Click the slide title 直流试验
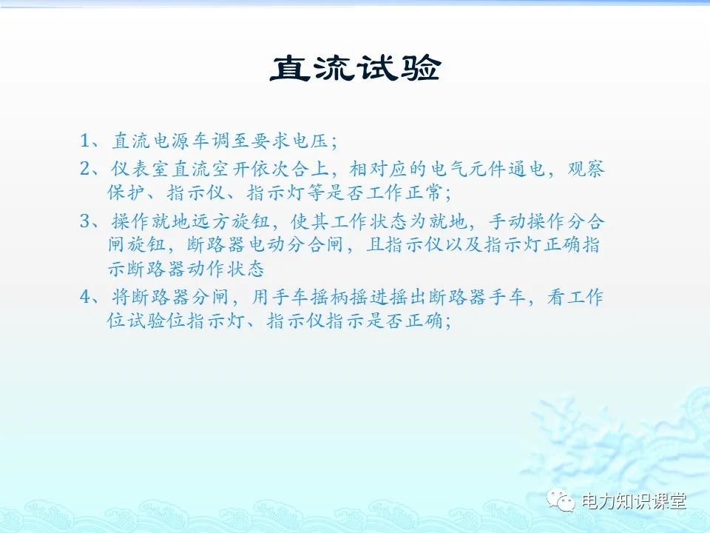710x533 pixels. pos(354,70)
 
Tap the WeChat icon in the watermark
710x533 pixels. pos(564,502)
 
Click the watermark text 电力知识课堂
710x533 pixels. pos(634,502)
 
